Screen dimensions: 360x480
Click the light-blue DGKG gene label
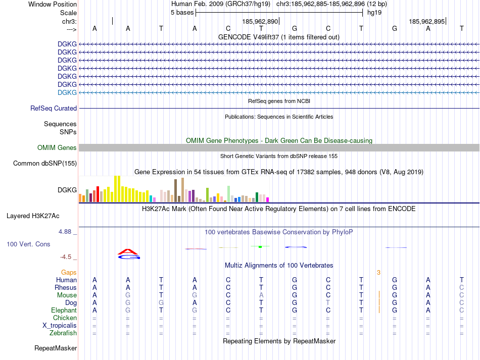pos(67,92)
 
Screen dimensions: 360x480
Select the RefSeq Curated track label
pos(54,108)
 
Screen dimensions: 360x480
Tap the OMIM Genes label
pos(57,148)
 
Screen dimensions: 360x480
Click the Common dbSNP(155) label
pos(45,163)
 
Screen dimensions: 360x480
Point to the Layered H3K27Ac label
pos(33,216)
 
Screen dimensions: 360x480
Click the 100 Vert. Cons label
pos(28,244)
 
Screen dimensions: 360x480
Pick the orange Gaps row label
pos(69,272)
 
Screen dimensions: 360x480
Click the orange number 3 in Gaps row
pos(378,273)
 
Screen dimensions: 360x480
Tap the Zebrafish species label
pos(63,333)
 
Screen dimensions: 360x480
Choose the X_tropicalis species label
pos(60,326)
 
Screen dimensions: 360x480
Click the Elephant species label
pos(64,311)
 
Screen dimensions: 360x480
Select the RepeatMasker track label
pos(56,348)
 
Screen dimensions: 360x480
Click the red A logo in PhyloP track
pos(128,251)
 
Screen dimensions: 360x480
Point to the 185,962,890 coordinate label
pos(260,22)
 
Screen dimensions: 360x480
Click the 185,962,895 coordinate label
pos(427,22)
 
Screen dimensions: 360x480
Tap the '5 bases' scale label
pos(182,13)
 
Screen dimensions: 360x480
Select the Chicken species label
pos(65,318)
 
